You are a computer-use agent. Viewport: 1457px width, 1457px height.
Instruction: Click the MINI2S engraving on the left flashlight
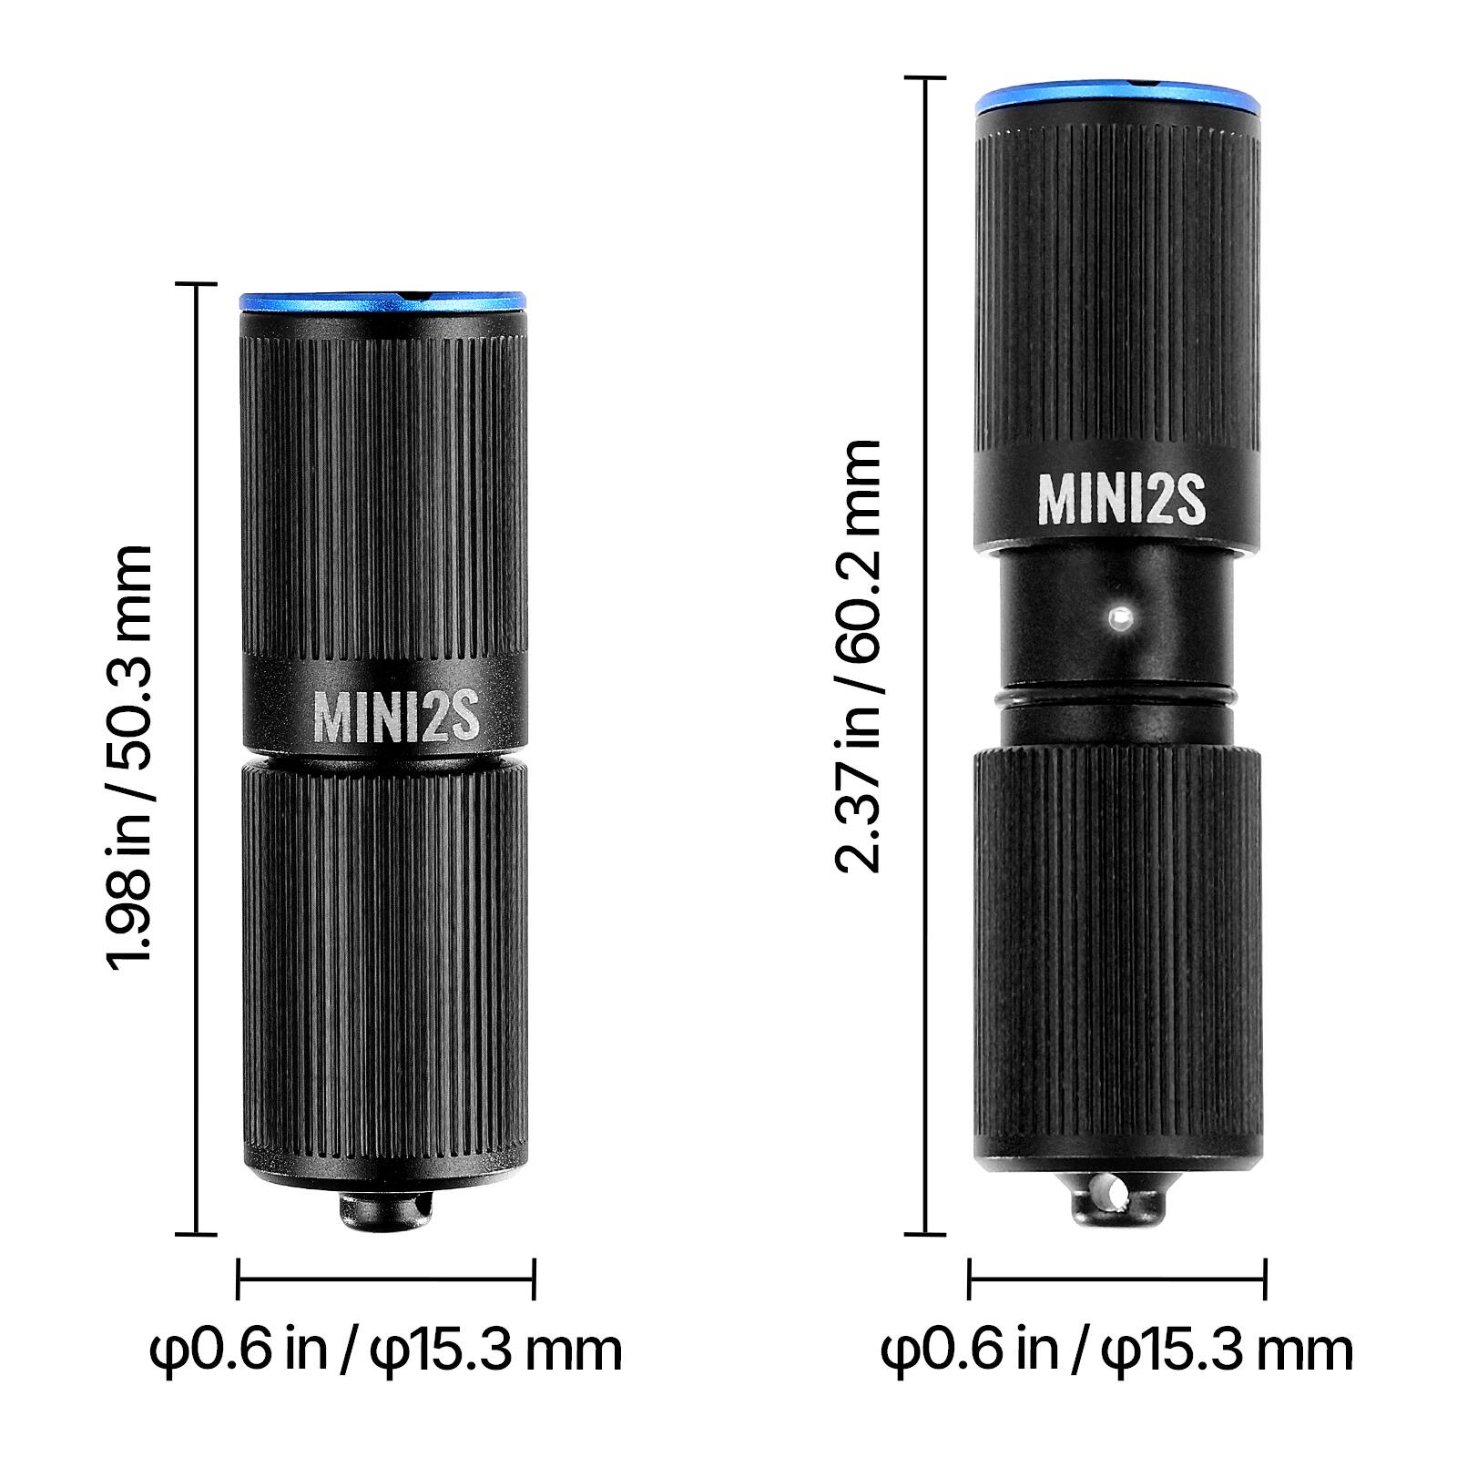396,717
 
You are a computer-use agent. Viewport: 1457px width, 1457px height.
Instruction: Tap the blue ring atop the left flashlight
383,301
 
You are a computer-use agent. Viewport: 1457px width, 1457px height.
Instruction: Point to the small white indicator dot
1119,618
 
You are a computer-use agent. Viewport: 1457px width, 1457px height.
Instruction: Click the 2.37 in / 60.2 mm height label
858,656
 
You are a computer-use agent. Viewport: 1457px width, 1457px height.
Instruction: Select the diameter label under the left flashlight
385,1349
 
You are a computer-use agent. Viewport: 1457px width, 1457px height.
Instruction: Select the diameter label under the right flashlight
1116,1349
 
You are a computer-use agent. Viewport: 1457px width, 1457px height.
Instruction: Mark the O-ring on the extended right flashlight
1117,697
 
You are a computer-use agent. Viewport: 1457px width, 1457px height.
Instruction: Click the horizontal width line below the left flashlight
385,1279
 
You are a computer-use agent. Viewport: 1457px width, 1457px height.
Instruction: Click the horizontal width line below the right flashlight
1116,1279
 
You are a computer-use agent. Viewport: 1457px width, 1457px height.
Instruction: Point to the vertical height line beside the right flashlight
928,656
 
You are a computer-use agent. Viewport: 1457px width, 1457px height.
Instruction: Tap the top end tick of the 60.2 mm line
928,79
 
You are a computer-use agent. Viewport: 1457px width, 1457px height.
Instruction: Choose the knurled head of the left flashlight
383,483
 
